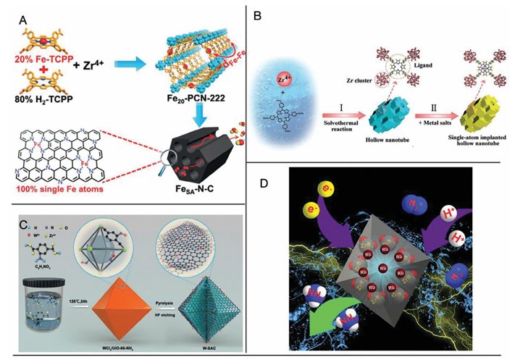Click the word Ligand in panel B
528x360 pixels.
(x=415, y=74)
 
